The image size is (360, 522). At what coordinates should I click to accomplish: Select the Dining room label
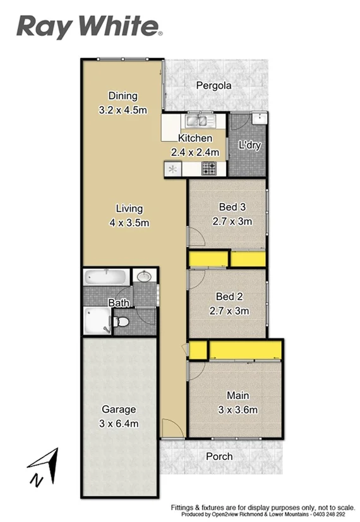click(x=123, y=96)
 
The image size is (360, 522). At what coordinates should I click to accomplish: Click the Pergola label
click(x=213, y=86)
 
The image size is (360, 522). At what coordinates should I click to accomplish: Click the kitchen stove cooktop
click(x=209, y=168)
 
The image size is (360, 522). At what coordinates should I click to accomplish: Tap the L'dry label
click(x=249, y=145)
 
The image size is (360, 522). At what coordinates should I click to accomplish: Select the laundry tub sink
click(x=259, y=118)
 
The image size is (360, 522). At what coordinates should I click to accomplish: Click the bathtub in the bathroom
click(x=105, y=277)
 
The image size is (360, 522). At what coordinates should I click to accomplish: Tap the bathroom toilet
click(x=122, y=323)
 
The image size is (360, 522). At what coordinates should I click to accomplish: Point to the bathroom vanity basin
click(x=143, y=276)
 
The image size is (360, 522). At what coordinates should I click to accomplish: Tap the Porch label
click(x=219, y=456)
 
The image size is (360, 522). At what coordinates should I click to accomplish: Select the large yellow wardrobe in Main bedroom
click(x=246, y=349)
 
